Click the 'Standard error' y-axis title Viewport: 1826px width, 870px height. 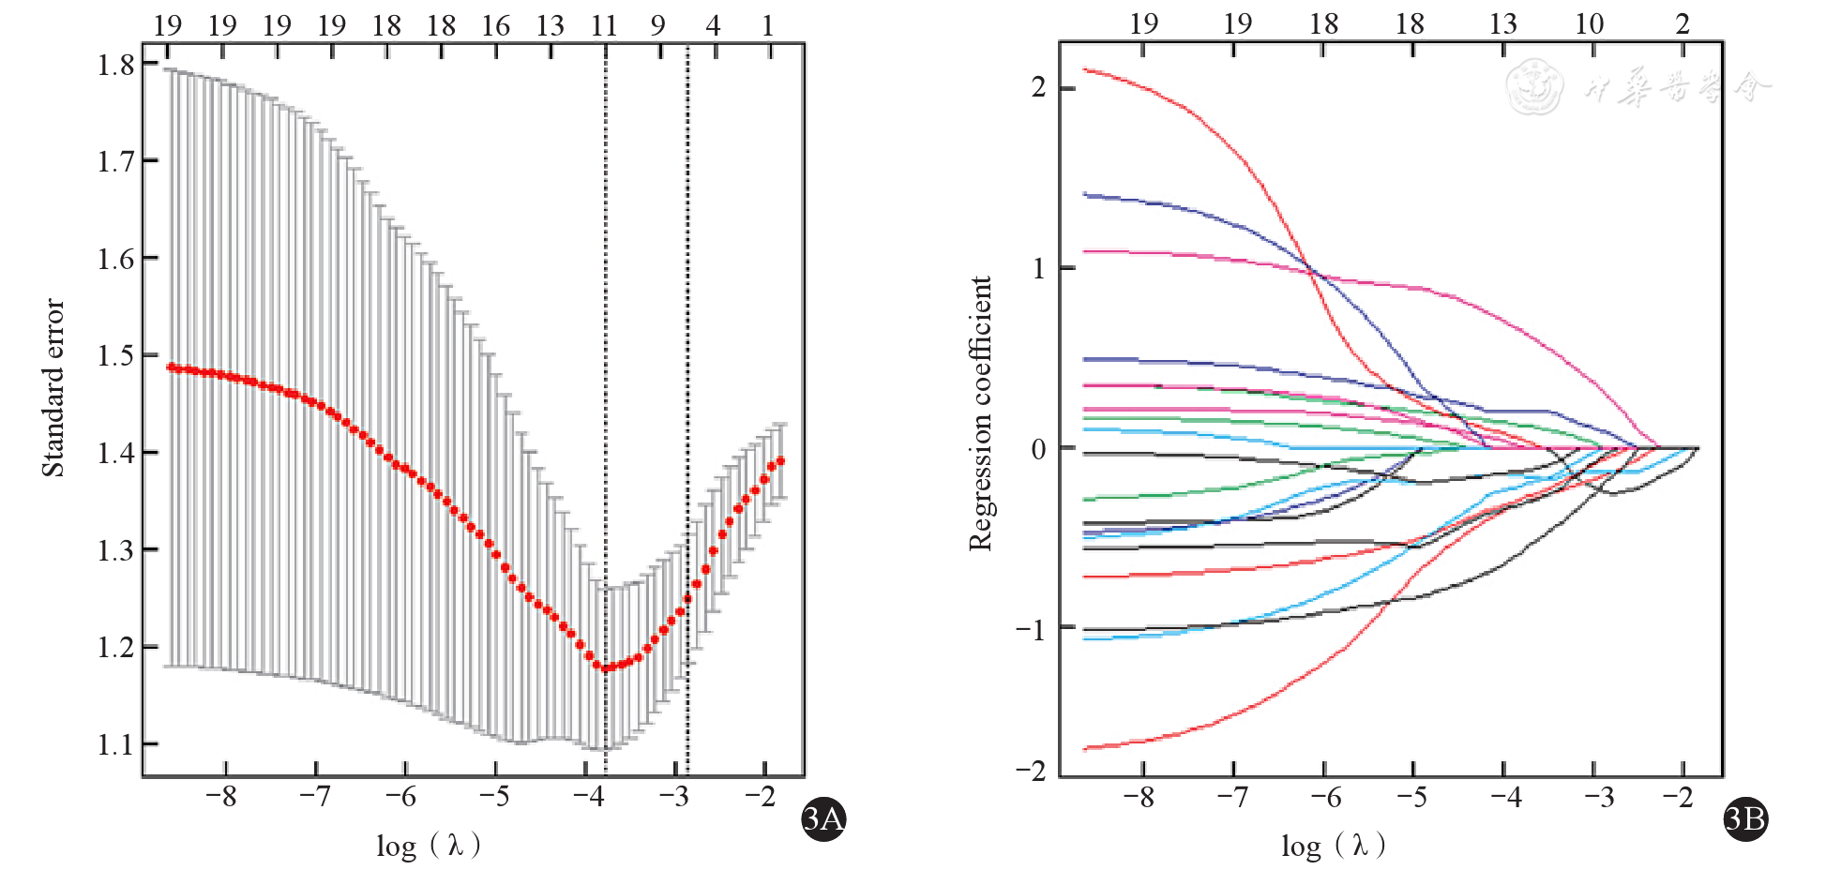[x=53, y=387]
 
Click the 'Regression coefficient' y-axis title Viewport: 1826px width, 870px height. [x=980, y=413]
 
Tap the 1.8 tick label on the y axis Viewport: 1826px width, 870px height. [x=116, y=65]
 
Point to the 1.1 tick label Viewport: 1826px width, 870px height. [x=116, y=745]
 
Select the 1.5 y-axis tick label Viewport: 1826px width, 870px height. [x=116, y=356]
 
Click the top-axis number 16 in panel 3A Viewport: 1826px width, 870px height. [x=495, y=25]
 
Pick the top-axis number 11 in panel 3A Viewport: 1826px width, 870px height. [x=604, y=25]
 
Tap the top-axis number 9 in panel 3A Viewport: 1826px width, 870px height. [x=658, y=25]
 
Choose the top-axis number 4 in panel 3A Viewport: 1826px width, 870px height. [x=714, y=25]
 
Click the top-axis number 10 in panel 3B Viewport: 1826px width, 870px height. [x=1589, y=23]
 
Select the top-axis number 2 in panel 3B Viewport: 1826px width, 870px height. [x=1683, y=23]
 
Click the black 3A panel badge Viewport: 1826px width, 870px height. [x=823, y=819]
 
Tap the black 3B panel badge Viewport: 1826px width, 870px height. [x=1745, y=819]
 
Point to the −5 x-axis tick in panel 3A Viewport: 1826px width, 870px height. [x=494, y=797]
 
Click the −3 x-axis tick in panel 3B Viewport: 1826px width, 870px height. [x=1599, y=797]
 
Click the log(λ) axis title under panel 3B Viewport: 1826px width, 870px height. [x=1333, y=846]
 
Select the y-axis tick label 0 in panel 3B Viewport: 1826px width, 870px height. [x=1038, y=449]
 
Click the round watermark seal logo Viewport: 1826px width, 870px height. [x=1534, y=87]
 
